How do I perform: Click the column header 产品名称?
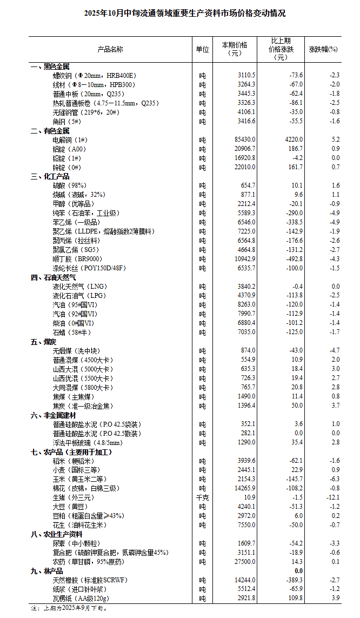[110, 49]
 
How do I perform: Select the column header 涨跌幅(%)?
[323, 49]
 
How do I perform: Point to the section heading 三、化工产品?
[50, 176]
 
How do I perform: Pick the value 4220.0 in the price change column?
[294, 139]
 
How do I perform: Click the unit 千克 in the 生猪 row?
[202, 497]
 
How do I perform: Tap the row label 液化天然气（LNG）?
[76, 287]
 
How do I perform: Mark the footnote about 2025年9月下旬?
[69, 608]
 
